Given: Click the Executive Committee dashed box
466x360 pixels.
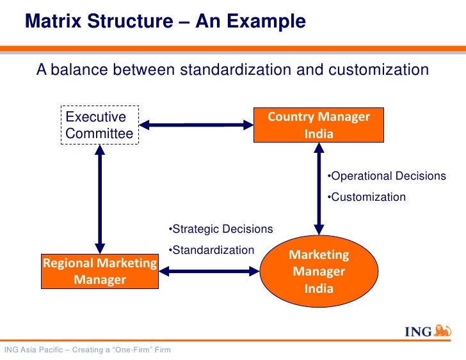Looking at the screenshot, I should click(x=100, y=125).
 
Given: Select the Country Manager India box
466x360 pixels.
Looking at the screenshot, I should click(x=318, y=125).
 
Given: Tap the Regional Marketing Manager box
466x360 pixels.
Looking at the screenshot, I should click(x=100, y=271).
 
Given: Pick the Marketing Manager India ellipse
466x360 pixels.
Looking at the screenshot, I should click(x=319, y=271).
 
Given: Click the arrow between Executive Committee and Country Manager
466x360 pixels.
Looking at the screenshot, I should click(x=196, y=125).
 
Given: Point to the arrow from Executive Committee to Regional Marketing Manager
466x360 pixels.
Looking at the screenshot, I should click(x=100, y=199).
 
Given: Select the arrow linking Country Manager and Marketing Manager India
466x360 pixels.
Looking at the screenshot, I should click(x=318, y=190).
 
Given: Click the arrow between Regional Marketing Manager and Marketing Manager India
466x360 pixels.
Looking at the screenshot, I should click(x=209, y=271).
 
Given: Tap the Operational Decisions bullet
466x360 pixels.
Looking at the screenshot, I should click(x=386, y=176).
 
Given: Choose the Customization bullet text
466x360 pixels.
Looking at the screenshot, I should click(x=366, y=197).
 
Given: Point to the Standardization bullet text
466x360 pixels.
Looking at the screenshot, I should click(x=211, y=250).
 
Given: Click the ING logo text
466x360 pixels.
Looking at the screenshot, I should click(x=417, y=331).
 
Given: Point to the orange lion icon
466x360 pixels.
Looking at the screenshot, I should click(x=443, y=330).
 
